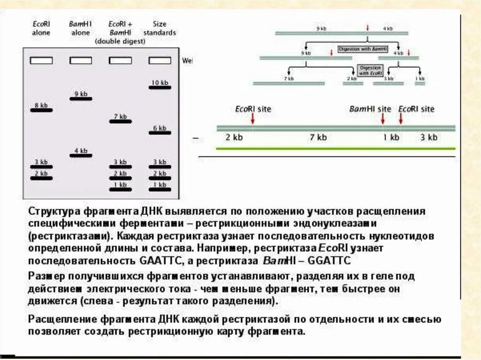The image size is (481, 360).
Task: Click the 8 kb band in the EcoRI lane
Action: pos(41,110)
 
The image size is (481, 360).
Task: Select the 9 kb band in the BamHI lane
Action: pos(81,99)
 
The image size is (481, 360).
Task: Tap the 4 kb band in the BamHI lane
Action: pos(81,155)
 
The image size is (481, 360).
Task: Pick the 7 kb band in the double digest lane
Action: pos(120,121)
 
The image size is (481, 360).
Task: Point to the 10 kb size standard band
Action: pos(160,87)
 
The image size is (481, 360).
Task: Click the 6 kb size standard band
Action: pos(160,132)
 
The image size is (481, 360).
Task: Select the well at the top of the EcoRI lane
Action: pos(41,61)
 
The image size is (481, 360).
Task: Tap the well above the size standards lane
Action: pos(160,61)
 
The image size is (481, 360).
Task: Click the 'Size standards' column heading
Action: pos(160,28)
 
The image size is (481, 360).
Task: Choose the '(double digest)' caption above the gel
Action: pos(120,41)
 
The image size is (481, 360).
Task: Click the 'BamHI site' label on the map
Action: pos(370,109)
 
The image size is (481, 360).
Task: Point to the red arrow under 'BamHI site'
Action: pos(383,119)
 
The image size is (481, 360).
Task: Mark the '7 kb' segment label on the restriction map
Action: pos(318,138)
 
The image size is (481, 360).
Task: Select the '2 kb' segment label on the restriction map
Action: pos(233,138)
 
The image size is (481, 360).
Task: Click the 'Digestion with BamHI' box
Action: pos(363,49)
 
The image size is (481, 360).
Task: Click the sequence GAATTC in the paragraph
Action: pos(161,260)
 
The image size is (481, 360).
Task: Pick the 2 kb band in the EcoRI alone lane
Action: pos(41,178)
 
